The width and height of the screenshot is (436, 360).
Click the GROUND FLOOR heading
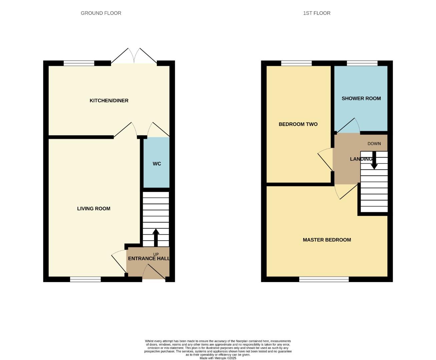(x=101, y=13)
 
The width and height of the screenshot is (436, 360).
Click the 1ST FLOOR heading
(x=317, y=13)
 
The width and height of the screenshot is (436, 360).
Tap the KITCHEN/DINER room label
(x=109, y=100)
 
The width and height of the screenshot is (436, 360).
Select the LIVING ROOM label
(x=93, y=208)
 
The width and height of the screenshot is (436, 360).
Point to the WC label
(x=157, y=164)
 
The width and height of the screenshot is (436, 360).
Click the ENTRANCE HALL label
(x=149, y=259)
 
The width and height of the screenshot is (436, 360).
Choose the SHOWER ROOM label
(x=361, y=98)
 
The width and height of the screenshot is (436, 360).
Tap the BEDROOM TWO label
(x=298, y=124)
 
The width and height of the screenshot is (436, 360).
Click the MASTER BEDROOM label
(x=327, y=240)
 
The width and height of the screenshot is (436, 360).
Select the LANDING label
(x=361, y=159)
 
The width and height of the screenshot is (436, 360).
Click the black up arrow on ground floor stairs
(x=156, y=237)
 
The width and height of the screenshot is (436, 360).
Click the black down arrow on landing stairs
(x=374, y=161)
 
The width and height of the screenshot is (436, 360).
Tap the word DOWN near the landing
(x=374, y=144)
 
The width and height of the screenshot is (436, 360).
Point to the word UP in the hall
(x=156, y=254)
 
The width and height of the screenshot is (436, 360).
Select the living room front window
(x=85, y=279)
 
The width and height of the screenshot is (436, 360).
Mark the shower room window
(x=362, y=63)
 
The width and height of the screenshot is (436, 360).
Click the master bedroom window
(x=324, y=279)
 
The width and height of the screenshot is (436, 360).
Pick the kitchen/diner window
(x=79, y=63)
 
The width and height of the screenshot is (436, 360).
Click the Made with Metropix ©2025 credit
(x=218, y=358)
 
